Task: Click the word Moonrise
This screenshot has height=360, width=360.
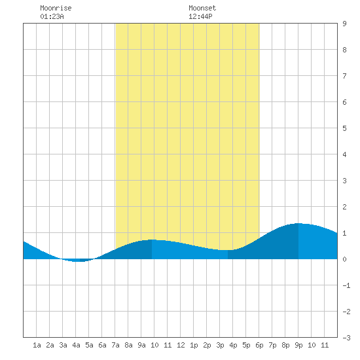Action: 56,8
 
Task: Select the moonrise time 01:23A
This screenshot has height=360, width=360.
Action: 52,16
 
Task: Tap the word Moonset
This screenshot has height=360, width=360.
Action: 202,8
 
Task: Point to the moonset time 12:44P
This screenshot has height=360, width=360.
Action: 200,16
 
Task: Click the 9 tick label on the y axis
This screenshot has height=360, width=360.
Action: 344,24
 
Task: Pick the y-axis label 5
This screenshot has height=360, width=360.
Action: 344,128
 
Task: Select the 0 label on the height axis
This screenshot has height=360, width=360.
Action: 344,259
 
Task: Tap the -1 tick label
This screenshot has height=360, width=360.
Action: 346,285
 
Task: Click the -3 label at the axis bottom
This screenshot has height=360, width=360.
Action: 346,338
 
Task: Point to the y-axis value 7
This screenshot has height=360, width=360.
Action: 344,76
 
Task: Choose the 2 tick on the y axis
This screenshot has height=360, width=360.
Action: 344,207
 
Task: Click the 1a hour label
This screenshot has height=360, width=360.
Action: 37,345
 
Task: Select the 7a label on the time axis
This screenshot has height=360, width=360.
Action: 115,345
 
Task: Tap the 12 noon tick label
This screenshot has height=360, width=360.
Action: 181,345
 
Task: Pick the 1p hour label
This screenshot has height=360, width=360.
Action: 194,345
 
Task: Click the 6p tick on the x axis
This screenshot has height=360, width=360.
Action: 259,345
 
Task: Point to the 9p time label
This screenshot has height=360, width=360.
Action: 298,345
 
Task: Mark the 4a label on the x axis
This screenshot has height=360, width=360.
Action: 76,345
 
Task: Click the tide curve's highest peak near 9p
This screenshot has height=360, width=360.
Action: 298,223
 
